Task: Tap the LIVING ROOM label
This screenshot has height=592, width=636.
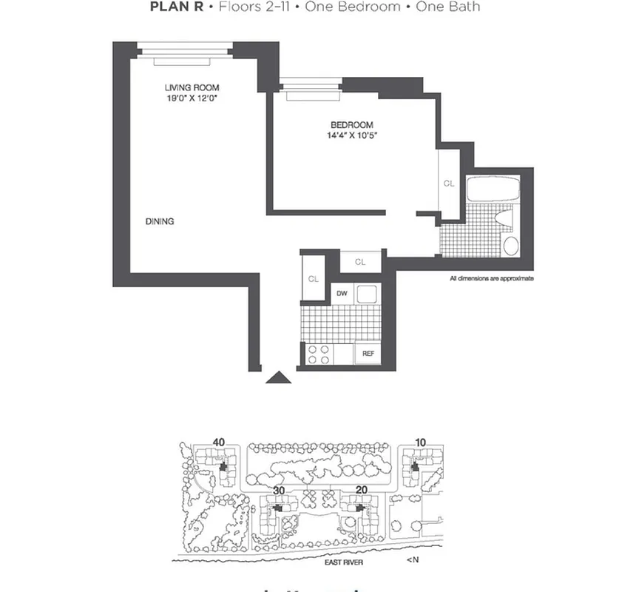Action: click(x=192, y=88)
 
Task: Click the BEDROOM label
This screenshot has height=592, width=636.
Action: click(x=351, y=125)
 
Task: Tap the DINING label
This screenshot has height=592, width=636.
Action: click(x=160, y=221)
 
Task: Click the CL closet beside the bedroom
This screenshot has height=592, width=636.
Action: click(x=448, y=183)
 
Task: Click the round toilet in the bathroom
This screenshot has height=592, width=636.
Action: click(x=510, y=245)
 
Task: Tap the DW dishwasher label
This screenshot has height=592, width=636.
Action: click(x=342, y=294)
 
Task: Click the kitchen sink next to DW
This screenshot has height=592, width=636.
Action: click(x=367, y=294)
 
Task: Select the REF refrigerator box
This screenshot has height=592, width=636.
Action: click(x=368, y=354)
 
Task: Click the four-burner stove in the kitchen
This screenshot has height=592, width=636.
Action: click(x=318, y=354)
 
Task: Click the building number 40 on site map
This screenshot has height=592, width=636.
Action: click(x=218, y=443)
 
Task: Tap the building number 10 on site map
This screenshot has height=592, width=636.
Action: click(x=420, y=443)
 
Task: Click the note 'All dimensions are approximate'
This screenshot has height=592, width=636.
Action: click(x=491, y=279)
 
